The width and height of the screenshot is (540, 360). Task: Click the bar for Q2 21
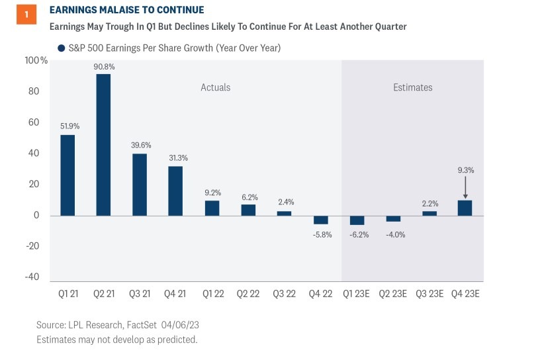click(x=103, y=144)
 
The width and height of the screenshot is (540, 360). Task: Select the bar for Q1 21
click(x=67, y=175)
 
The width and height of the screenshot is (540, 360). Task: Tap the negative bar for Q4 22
click(x=320, y=220)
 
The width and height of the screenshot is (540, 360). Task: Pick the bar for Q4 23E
click(x=465, y=208)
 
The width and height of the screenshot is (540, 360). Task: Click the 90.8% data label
click(x=104, y=66)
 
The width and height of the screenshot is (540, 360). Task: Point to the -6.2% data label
click(x=357, y=234)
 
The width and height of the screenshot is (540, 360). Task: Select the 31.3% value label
click(x=176, y=157)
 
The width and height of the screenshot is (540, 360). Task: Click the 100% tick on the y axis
click(x=36, y=60)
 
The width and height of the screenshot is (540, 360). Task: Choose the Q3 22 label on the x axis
click(x=285, y=293)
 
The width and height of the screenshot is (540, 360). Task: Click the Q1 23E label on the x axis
click(x=357, y=293)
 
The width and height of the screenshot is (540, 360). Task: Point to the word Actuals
click(x=216, y=87)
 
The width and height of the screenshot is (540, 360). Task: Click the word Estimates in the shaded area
click(x=412, y=87)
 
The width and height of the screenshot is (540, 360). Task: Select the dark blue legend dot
click(x=62, y=48)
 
